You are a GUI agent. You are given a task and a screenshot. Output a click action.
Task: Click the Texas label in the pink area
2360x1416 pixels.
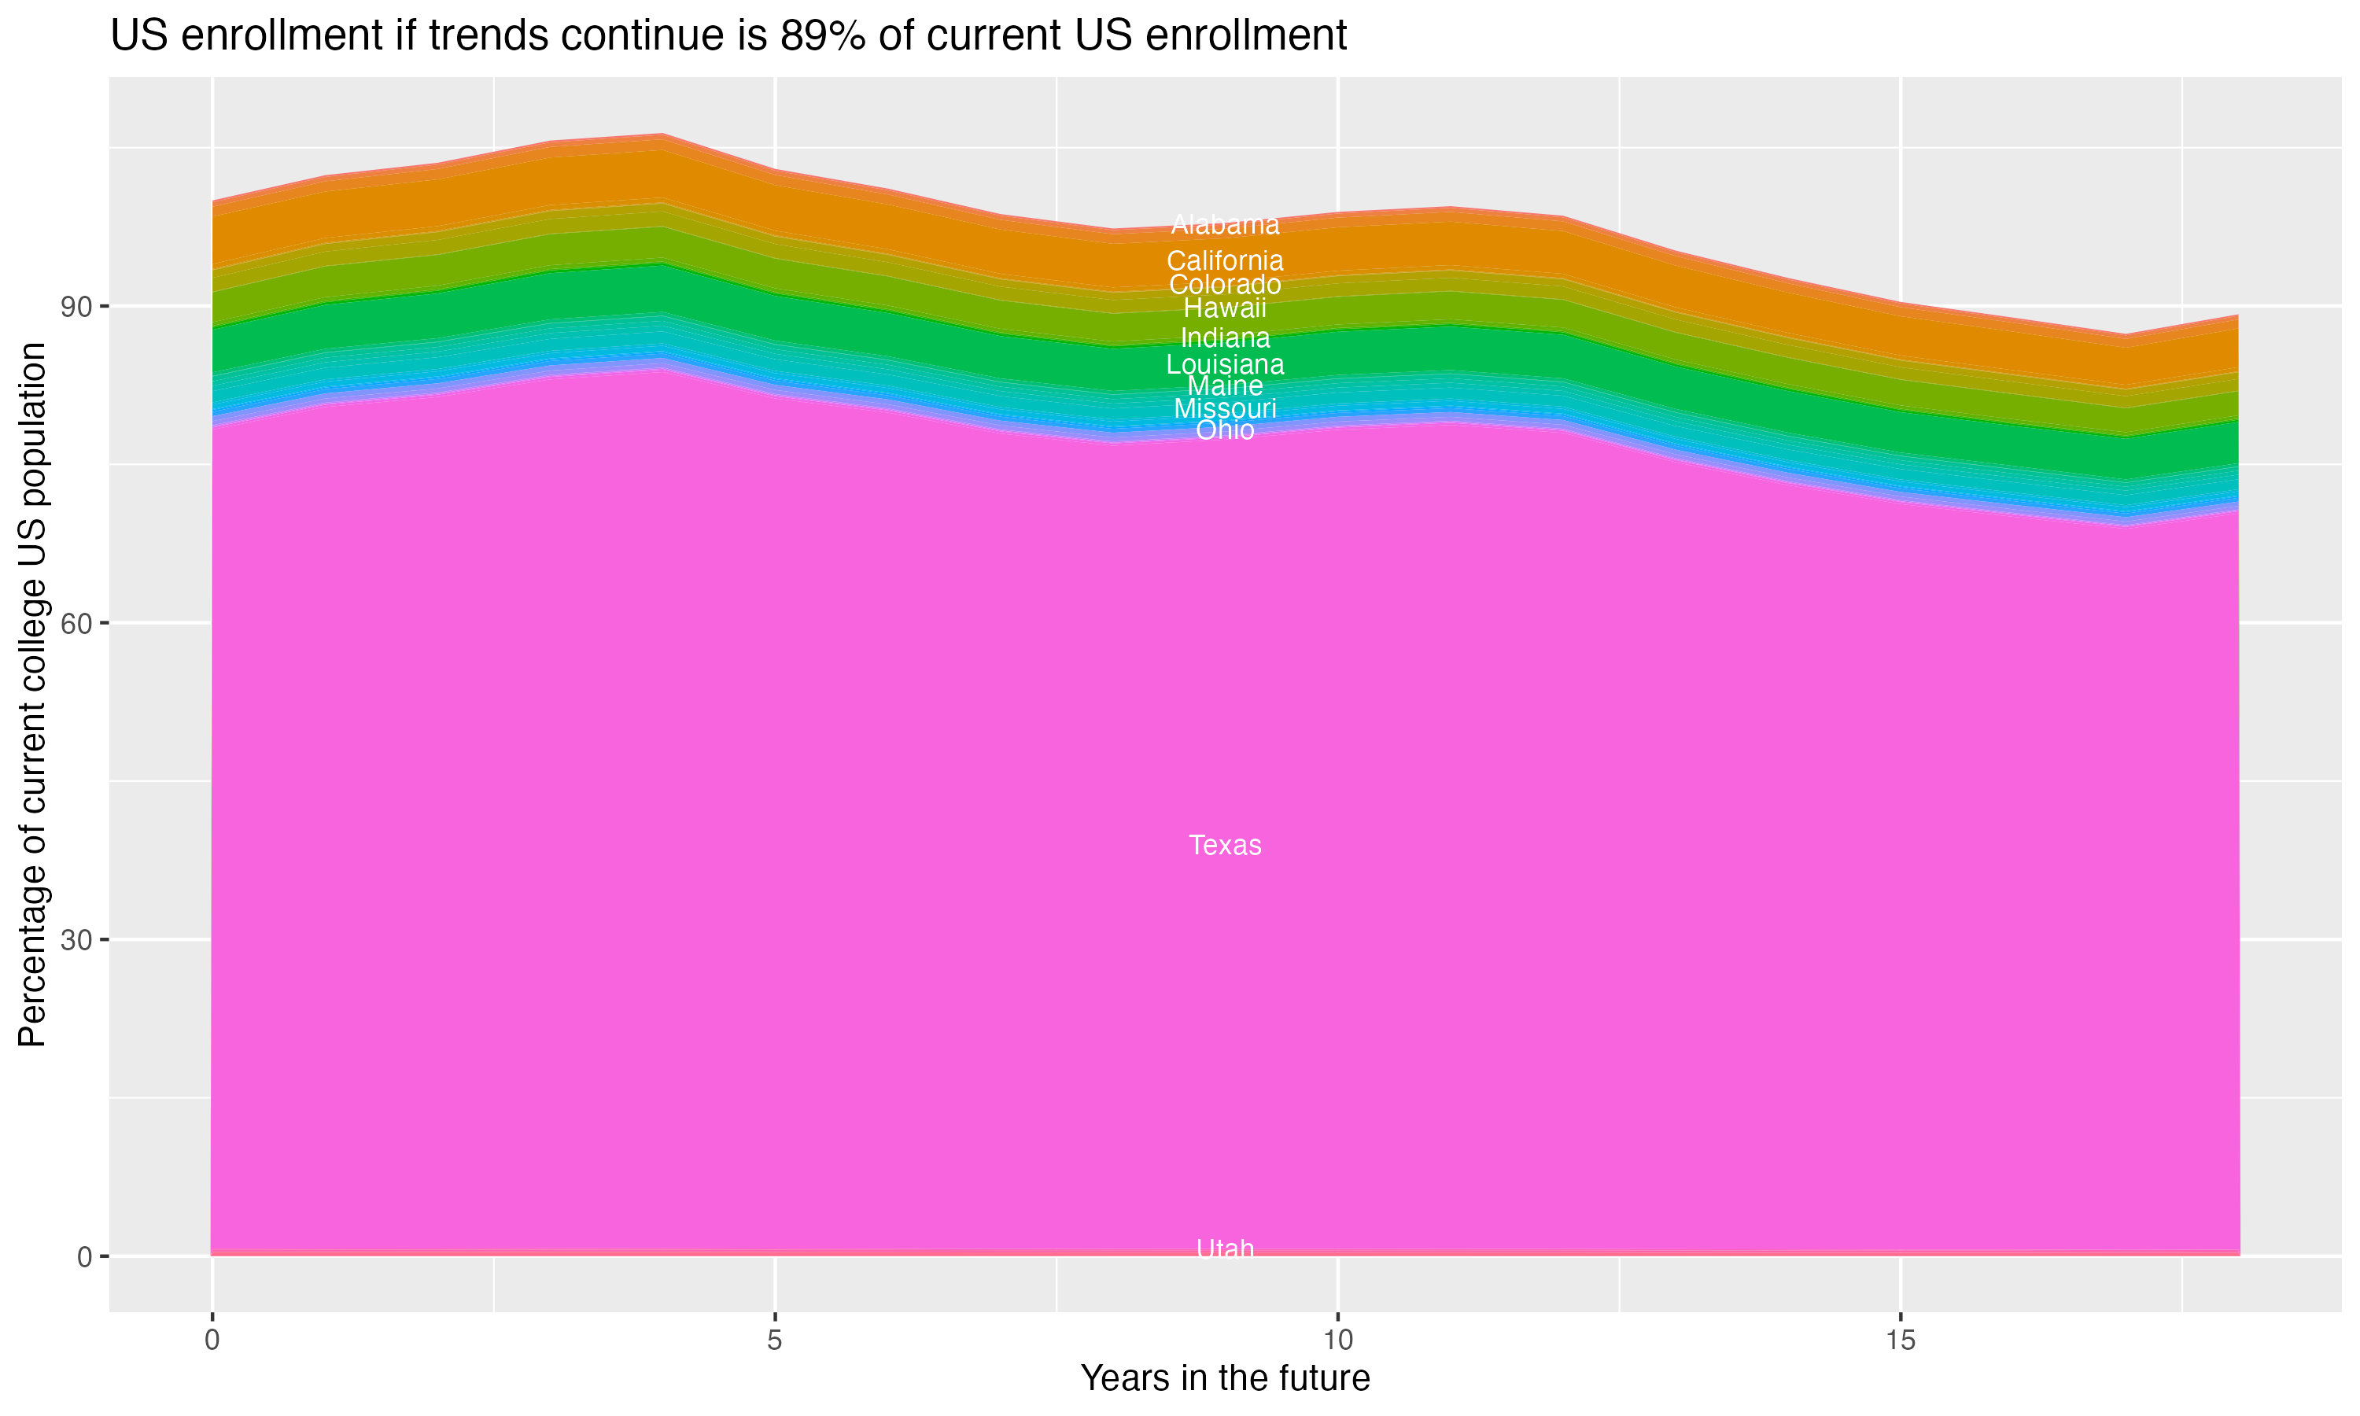[1225, 846]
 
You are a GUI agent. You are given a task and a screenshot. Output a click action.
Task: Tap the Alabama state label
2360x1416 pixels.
[1225, 225]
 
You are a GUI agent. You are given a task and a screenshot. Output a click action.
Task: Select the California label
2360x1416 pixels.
[1225, 260]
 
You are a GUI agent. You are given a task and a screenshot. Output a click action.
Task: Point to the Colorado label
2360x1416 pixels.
[1225, 284]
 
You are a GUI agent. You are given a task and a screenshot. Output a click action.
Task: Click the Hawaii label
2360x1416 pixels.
[1225, 308]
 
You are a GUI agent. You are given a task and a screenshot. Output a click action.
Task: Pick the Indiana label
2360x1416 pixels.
[1225, 337]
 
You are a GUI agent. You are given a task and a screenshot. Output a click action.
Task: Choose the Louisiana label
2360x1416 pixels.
[1225, 364]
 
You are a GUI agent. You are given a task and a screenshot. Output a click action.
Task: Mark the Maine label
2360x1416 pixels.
[1225, 385]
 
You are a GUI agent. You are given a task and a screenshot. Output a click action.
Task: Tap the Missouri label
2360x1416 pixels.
[1225, 408]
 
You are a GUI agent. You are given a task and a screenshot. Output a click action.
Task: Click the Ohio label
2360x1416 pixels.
[1225, 430]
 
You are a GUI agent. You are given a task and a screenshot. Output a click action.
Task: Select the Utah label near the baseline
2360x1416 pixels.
[1225, 1249]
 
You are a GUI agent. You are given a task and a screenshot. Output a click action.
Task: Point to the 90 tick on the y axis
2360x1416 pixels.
[76, 308]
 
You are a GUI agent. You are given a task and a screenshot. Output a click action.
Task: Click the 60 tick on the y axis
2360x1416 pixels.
[76, 624]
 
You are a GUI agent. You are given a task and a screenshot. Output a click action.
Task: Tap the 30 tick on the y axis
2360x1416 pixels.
[76, 941]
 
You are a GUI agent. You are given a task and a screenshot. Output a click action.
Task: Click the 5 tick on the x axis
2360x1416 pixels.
[775, 1340]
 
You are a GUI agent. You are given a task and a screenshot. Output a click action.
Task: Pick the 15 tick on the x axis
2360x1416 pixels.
[1901, 1340]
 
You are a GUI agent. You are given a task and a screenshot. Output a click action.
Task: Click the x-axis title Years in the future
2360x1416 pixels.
[1225, 1377]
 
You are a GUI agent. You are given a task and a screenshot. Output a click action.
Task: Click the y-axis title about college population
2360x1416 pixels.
[32, 695]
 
